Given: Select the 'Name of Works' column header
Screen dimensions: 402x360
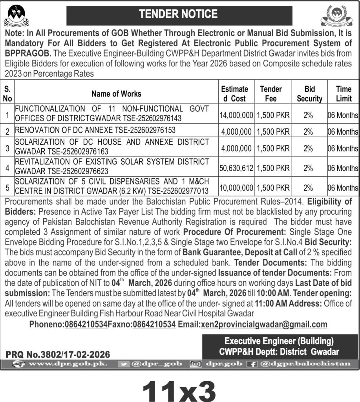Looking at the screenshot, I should click(116, 94).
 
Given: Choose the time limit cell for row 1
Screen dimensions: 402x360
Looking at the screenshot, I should click(343, 115).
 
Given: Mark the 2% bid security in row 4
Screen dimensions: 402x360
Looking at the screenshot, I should click(308, 168).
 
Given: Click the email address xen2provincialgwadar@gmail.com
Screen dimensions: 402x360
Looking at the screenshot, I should click(264, 324).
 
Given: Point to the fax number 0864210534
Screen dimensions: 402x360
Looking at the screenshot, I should click(154, 324).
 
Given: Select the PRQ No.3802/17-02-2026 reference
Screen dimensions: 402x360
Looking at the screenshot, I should click(58, 354).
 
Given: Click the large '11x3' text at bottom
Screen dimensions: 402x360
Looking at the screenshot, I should click(179, 387).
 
